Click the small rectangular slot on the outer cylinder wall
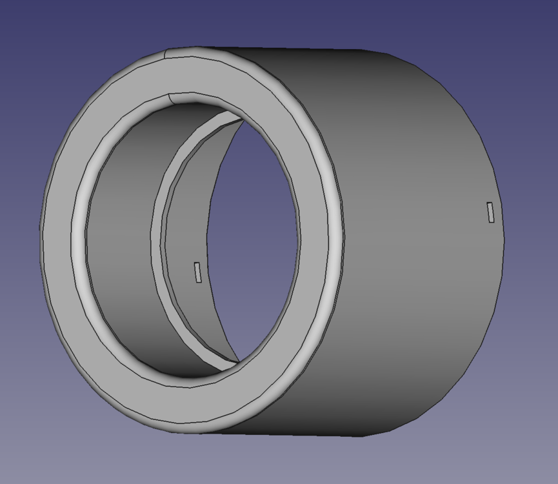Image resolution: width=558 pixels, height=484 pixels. coord(491,212)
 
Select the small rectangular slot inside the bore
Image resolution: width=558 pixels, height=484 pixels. coord(198,272)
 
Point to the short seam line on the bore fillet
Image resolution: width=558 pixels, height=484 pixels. coord(170,98)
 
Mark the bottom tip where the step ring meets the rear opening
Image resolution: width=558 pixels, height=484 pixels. coord(239,361)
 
